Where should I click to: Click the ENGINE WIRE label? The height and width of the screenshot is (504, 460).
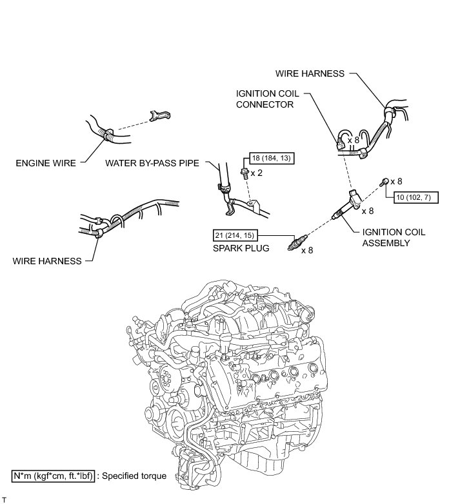click(45, 163)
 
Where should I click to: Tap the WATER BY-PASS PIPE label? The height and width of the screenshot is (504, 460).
click(152, 163)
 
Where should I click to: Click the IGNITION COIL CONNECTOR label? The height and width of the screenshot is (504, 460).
click(268, 98)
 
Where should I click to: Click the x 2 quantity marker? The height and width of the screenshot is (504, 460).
click(256, 173)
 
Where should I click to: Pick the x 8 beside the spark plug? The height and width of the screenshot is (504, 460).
click(308, 249)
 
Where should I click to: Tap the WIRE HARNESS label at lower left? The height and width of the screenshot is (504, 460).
click(46, 261)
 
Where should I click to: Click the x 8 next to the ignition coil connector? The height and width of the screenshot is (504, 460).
click(354, 139)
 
